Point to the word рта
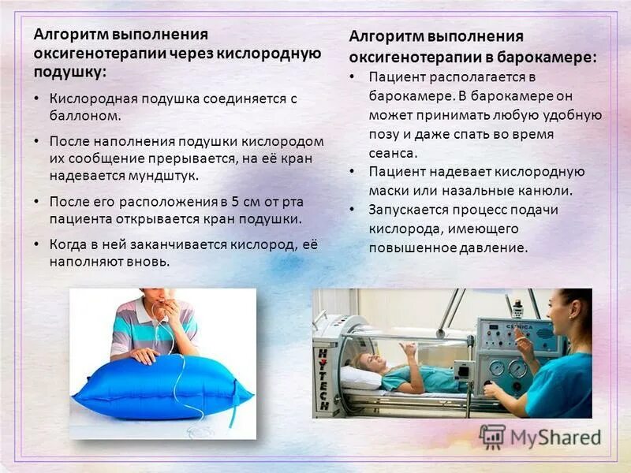point(292,201)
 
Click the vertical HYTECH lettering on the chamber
point(323,378)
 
